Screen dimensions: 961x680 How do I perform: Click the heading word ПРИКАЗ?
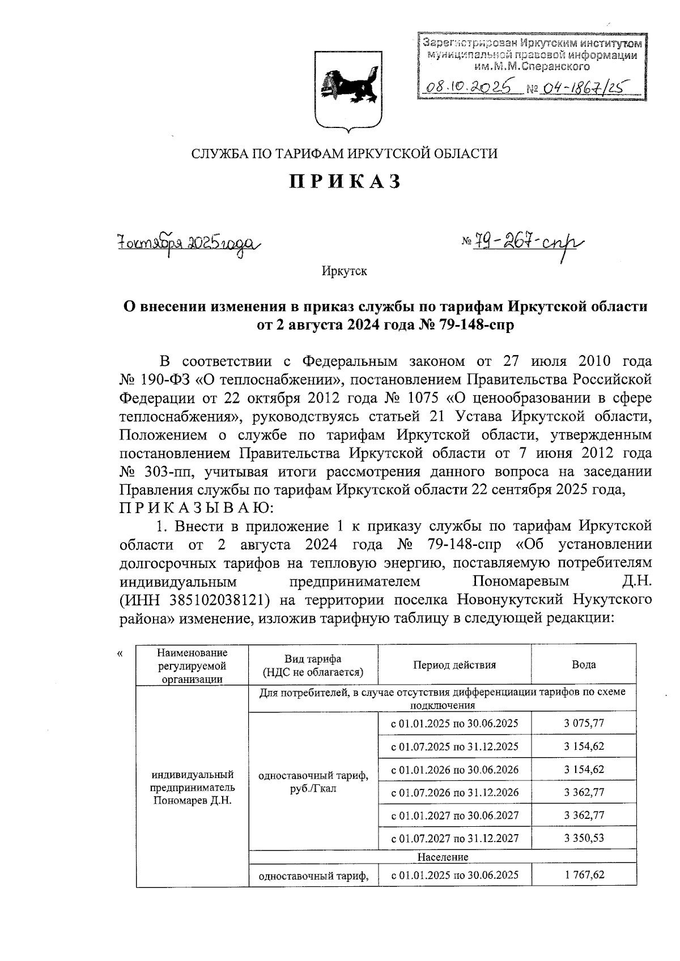tap(345, 181)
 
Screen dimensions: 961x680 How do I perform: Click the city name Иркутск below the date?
tap(344, 271)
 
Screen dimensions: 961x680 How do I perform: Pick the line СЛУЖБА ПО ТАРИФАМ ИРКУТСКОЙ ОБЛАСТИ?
tap(345, 153)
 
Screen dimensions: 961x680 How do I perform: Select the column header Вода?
tap(583, 665)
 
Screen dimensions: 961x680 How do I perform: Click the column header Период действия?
tap(454, 665)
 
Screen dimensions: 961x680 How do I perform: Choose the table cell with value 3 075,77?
tap(583, 723)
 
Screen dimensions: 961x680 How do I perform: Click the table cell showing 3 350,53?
tap(583, 838)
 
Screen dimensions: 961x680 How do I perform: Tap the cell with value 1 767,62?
tap(583, 875)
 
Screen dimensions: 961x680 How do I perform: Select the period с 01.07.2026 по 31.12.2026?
tap(454, 792)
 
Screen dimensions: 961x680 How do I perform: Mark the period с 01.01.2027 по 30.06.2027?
tap(454, 815)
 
